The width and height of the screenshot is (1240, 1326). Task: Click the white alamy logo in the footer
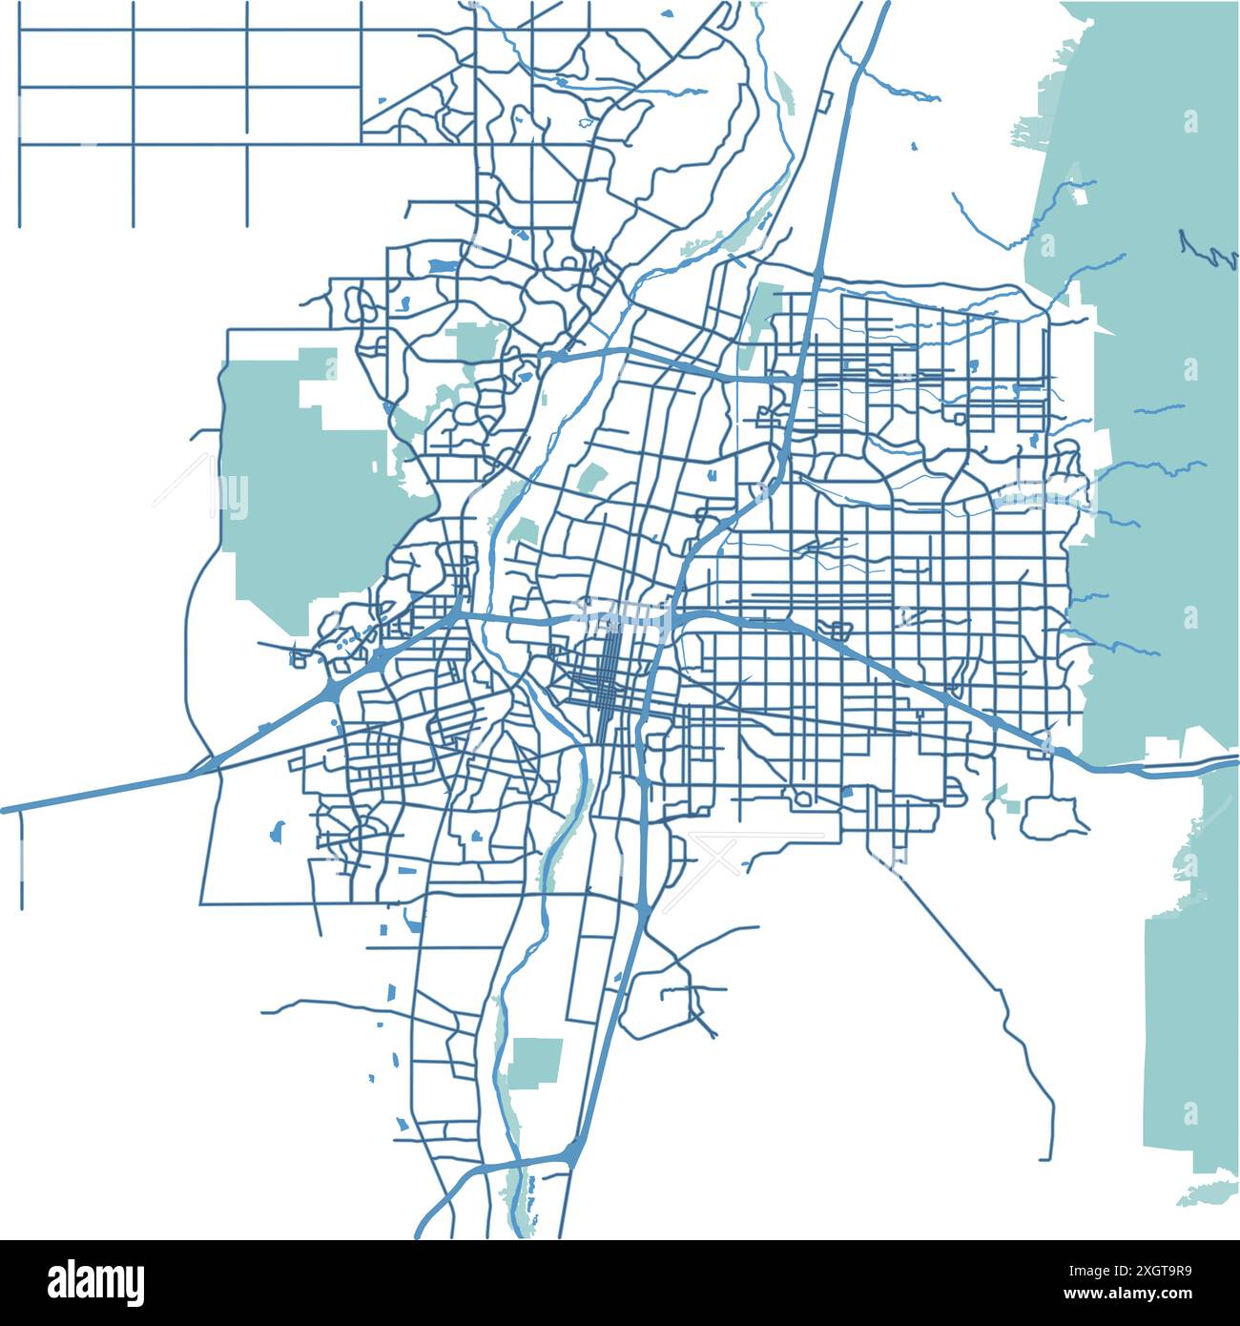pos(95,1281)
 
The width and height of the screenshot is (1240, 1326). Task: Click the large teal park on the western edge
pos(305,487)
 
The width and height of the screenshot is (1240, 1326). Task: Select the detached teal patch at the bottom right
pos(1207,1193)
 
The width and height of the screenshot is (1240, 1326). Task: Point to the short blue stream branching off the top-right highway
pos(897,88)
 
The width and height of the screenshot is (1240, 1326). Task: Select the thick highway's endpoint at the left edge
pos(6,810)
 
